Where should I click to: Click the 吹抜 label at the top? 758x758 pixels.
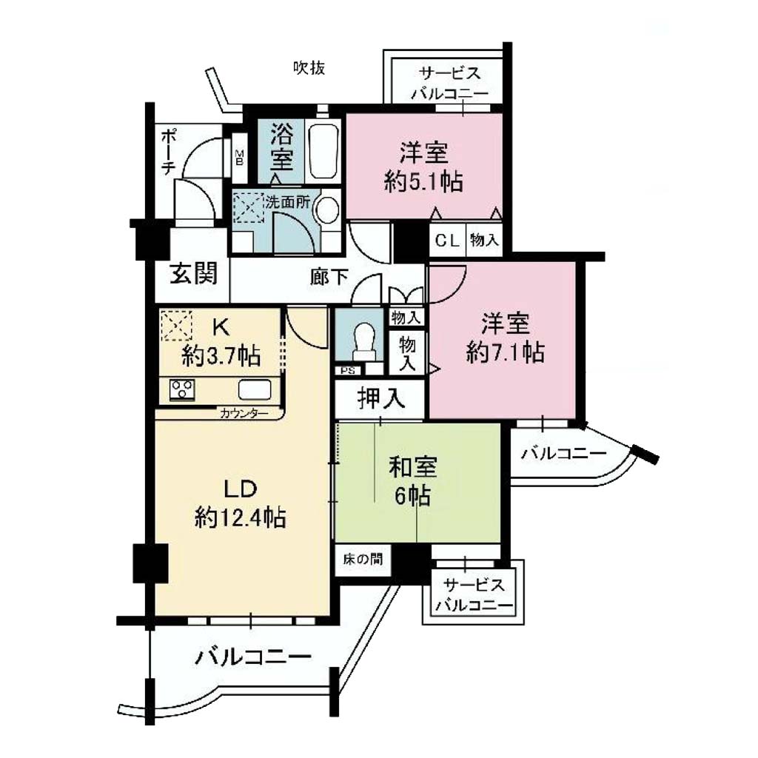tap(309, 67)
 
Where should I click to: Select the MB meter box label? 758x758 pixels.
tap(239, 157)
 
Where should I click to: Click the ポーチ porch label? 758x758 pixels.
tap(168, 151)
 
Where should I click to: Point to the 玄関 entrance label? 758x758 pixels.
tap(194, 274)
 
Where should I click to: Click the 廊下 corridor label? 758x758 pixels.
tap(329, 277)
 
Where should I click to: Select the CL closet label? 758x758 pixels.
tap(447, 241)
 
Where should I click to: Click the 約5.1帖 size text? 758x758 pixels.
tap(423, 182)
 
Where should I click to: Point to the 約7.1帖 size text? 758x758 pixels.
tap(505, 353)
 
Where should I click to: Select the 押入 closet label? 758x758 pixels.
tap(381, 399)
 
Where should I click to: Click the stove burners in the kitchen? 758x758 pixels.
tap(182, 389)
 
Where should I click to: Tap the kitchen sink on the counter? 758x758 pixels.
tap(255, 389)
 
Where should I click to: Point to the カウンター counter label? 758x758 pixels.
tap(244, 413)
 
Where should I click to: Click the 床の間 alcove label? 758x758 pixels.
tap(363, 560)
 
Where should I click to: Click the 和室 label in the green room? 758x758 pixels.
tap(412, 468)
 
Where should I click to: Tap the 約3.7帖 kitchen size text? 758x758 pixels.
tap(221, 357)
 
